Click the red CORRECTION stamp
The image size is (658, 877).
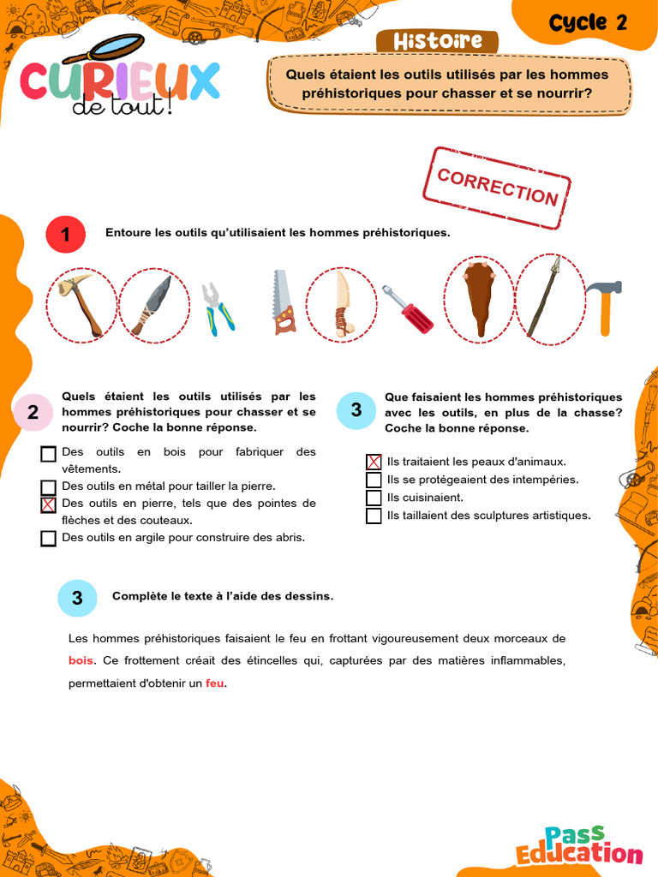point(498,188)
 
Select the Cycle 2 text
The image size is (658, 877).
point(589,23)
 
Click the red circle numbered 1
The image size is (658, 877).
point(65,234)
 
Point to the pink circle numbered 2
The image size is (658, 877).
point(33,412)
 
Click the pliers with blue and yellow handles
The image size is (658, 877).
point(217,308)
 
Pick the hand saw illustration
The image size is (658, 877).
point(283,302)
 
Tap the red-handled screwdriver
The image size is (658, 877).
point(407,310)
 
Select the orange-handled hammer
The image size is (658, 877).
point(605,306)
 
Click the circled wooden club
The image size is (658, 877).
point(478,300)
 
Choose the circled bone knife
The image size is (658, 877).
point(341,304)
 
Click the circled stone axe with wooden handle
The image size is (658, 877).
point(81,304)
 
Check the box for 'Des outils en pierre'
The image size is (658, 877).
point(48,504)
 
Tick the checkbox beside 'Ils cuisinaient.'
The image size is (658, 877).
point(374,498)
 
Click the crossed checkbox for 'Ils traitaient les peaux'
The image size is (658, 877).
point(374,462)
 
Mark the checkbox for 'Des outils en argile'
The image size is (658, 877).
point(48,538)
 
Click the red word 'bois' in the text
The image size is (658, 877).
point(80,660)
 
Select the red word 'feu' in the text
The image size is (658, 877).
point(214,683)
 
